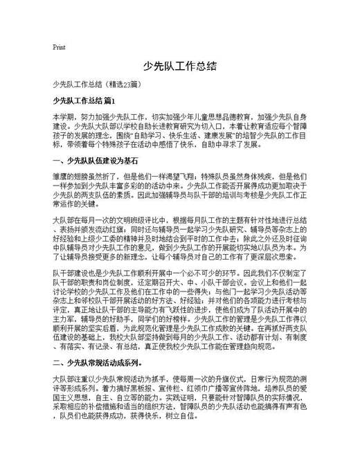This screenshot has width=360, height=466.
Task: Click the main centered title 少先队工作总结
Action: (x=180, y=66)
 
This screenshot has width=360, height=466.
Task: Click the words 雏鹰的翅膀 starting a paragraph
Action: (x=70, y=177)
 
